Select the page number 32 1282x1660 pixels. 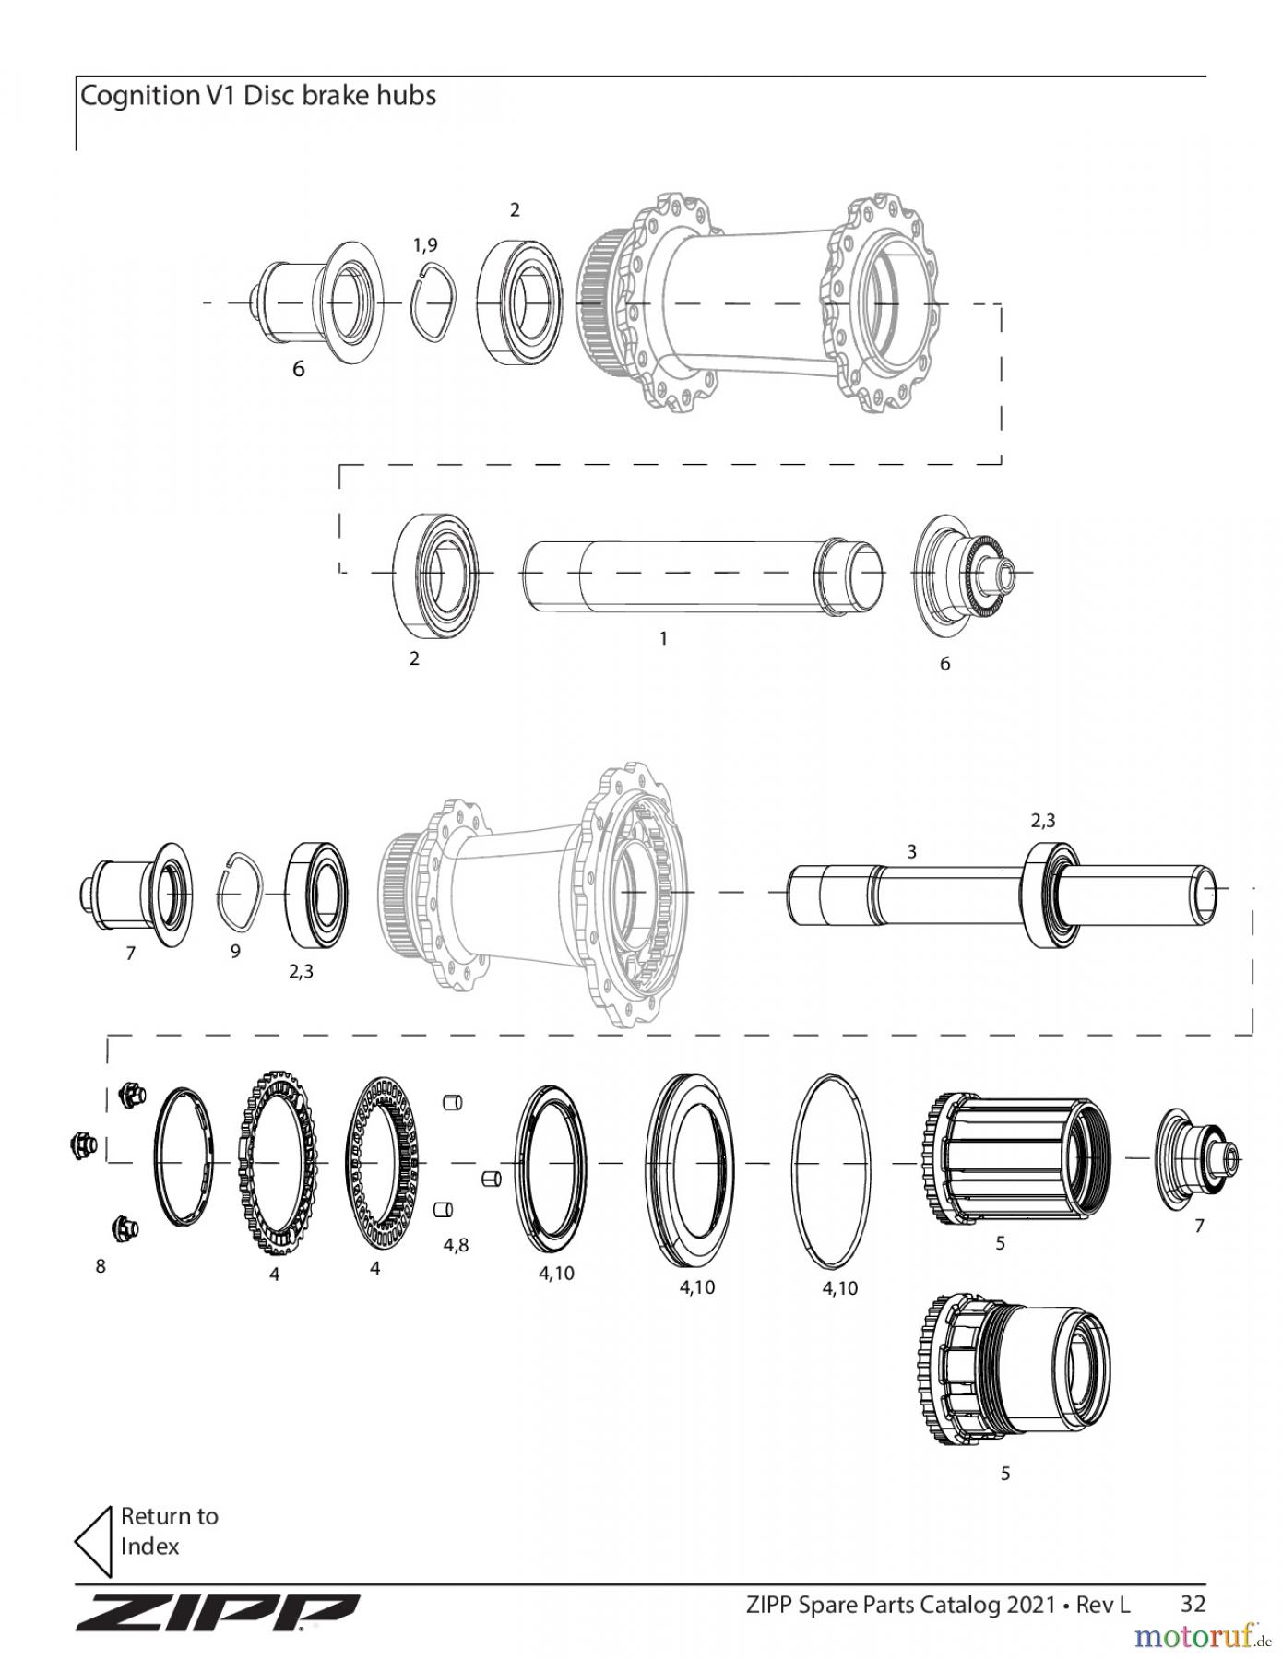(x=1193, y=1604)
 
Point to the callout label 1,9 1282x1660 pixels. (x=425, y=244)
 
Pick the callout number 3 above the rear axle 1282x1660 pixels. (x=911, y=851)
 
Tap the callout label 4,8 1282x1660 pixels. (x=456, y=1245)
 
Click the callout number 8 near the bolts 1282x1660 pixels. (x=101, y=1266)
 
